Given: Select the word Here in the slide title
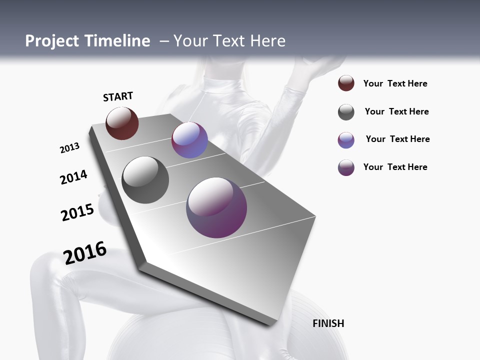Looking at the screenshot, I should coord(267,41).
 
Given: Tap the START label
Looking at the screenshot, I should coord(118,96).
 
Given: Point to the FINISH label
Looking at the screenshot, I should coord(328,323).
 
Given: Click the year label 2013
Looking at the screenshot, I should coord(69,148).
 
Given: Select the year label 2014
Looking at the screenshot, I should coord(73,177).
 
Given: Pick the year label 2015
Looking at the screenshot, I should coord(77,212).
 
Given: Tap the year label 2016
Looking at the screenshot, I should coord(85,252).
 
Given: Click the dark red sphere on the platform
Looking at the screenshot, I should coord(122,123).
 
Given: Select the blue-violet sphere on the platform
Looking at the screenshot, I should coord(189,140).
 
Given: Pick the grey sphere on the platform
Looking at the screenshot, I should coord(145,180).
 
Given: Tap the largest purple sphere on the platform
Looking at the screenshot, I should coord(216,207).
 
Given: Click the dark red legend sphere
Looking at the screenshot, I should coord(346,83).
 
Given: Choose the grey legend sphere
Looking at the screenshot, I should coord(346,112).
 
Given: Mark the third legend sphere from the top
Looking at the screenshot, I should coord(346,140).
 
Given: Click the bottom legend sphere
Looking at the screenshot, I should coord(346,167).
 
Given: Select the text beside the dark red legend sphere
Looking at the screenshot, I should coord(395,83).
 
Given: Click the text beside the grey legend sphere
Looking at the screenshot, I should coord(396,111).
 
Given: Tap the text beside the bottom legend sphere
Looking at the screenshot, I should coord(395,167).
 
